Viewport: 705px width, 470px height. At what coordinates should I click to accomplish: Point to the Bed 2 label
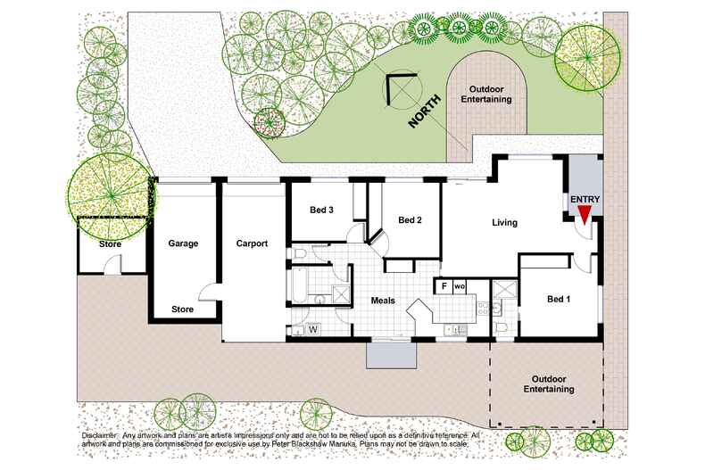pyautogui.click(x=410, y=220)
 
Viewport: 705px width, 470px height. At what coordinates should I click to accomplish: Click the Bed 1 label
pyautogui.click(x=559, y=299)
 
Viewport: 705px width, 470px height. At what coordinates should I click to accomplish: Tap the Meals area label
pyautogui.click(x=384, y=301)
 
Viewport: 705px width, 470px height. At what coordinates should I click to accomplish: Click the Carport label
pyautogui.click(x=252, y=243)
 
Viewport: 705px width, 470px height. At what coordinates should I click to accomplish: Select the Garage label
pyautogui.click(x=183, y=243)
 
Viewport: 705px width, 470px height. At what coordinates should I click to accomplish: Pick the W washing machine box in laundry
pyautogui.click(x=313, y=330)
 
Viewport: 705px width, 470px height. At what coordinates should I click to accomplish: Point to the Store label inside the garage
pyautogui.click(x=182, y=310)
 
